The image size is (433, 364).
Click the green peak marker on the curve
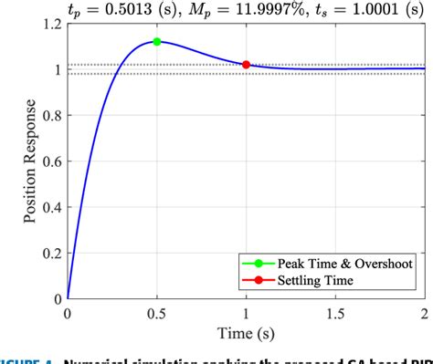click(157, 42)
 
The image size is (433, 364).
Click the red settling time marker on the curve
click(247, 65)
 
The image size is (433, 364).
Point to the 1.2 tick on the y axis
click(48, 24)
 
